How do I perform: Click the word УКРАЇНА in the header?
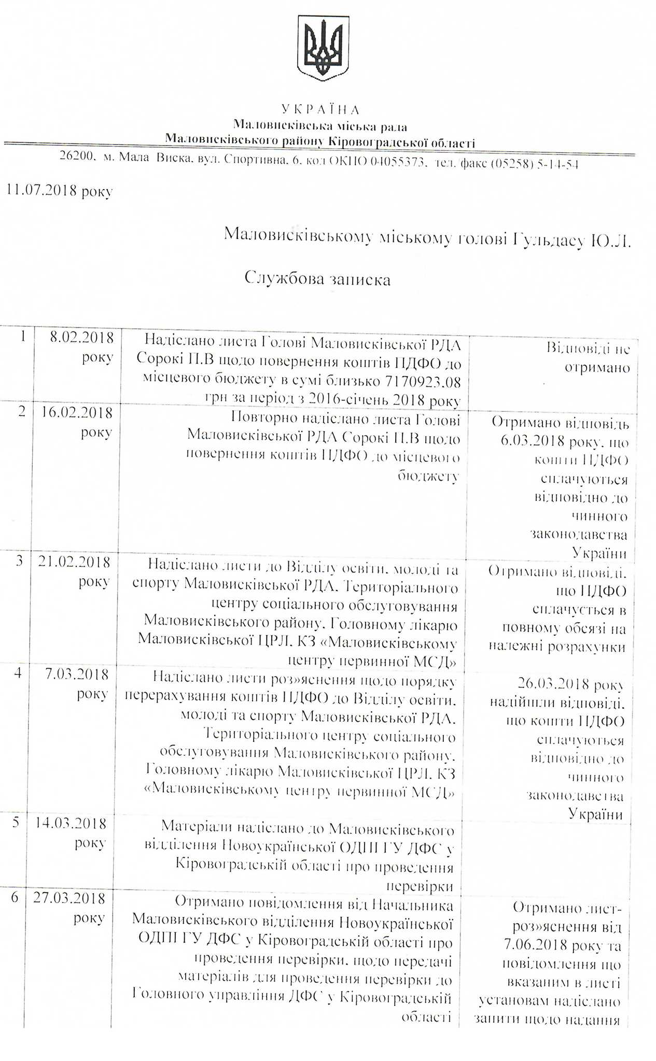[320, 109]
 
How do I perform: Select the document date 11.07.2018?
[41, 190]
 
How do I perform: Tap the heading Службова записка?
[317, 279]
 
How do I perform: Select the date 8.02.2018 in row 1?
[81, 338]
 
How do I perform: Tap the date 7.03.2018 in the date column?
[77, 675]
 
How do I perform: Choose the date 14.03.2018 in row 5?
[70, 823]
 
